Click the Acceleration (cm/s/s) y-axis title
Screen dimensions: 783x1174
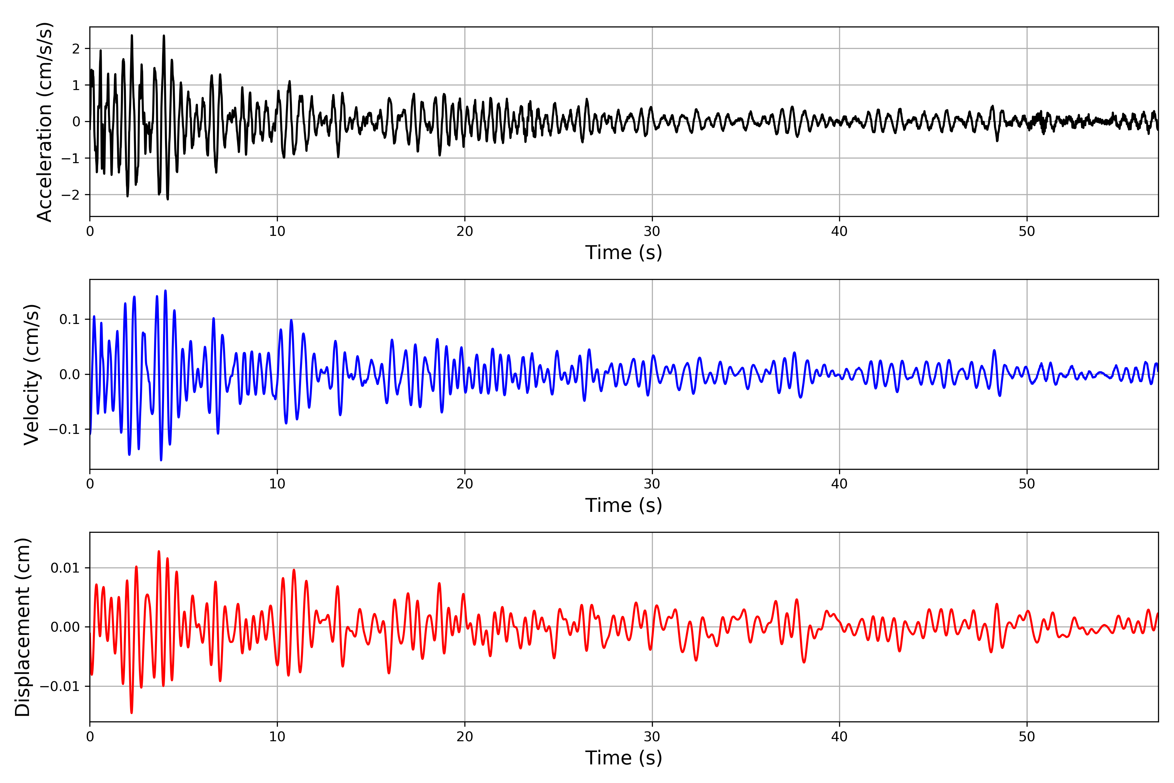[x=45, y=122]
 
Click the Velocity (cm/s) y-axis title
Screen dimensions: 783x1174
[x=31, y=375]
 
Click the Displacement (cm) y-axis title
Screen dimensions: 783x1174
[x=23, y=627]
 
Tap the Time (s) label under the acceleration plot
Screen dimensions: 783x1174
[x=624, y=253]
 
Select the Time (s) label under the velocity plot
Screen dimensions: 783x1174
[x=624, y=505]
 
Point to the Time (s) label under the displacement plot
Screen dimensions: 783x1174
[x=624, y=758]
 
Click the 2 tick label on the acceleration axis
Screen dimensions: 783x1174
[x=76, y=49]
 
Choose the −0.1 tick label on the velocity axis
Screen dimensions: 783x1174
[x=64, y=429]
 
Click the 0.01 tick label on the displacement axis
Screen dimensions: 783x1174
[x=65, y=568]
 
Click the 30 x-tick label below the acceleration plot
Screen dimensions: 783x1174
[x=652, y=232]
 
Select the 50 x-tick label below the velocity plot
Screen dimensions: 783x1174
[x=1027, y=484]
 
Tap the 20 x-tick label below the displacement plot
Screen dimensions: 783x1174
[x=465, y=737]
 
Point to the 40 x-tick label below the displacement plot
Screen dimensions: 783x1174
[x=839, y=737]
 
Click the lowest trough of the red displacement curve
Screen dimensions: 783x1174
[x=132, y=713]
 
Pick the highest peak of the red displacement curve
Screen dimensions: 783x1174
[x=159, y=551]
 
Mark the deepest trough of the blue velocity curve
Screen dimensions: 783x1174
[x=161, y=460]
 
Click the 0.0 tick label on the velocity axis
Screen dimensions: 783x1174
[x=69, y=375]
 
